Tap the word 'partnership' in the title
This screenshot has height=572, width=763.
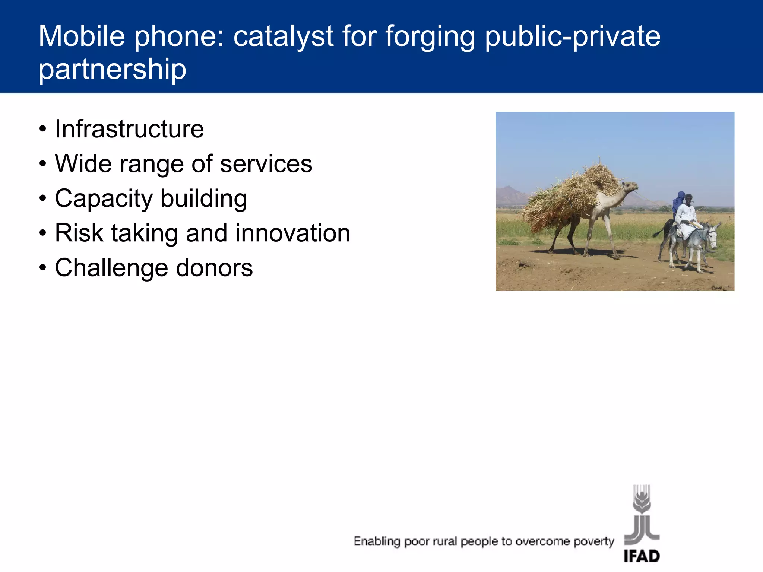tap(113, 70)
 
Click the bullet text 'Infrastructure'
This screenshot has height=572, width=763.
tap(129, 129)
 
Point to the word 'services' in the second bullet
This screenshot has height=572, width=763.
tap(266, 164)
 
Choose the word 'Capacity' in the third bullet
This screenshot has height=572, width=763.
tap(104, 199)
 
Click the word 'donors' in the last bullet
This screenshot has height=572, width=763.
tap(214, 268)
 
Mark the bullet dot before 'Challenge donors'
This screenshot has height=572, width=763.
tap(43, 268)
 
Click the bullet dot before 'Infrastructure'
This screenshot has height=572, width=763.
tap(43, 129)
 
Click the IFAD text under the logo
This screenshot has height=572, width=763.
tap(642, 556)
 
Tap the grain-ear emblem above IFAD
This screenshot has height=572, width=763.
tap(642, 499)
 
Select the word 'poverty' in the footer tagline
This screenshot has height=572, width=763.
tap(593, 541)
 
